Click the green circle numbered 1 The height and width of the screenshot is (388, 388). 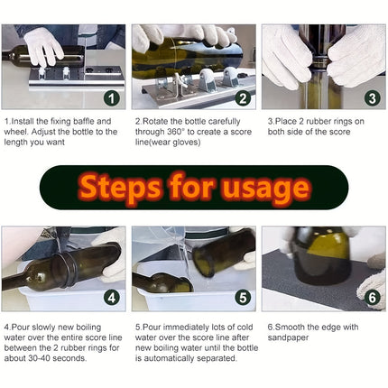(x=112, y=98)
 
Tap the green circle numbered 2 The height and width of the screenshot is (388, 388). (x=243, y=98)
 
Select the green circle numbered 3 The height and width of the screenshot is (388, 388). (x=373, y=98)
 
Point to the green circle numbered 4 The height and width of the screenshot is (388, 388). (x=112, y=298)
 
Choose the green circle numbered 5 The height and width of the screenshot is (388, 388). (x=243, y=298)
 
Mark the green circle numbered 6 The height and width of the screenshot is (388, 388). (x=373, y=298)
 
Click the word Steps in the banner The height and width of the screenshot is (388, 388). (x=119, y=188)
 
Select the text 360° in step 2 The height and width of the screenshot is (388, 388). (x=174, y=132)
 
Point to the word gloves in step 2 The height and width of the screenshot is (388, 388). (x=186, y=142)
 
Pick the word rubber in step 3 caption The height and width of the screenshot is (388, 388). (x=315, y=122)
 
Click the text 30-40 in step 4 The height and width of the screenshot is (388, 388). (x=39, y=358)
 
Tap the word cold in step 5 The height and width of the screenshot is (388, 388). (x=245, y=328)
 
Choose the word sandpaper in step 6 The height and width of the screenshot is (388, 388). (x=288, y=337)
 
